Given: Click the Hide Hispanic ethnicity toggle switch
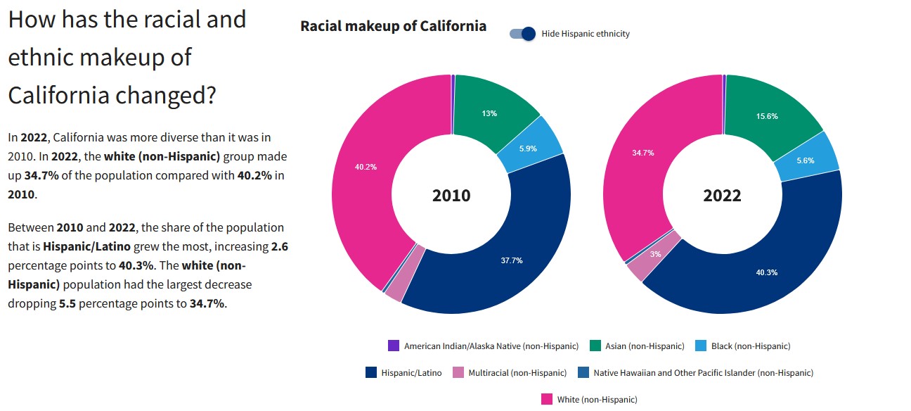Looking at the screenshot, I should tap(523, 33).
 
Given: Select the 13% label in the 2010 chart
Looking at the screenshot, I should tap(489, 113).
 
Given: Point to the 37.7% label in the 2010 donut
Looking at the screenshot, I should tap(511, 260).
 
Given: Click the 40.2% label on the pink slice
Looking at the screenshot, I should tap(366, 167).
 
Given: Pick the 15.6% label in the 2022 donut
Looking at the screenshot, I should tap(767, 116).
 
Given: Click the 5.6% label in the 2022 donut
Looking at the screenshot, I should tap(805, 160).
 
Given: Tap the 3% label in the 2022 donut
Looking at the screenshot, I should tap(655, 254).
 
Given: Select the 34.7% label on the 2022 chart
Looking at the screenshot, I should tap(642, 153).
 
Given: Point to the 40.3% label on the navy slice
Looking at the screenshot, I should tap(766, 272).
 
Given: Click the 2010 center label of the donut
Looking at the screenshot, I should tap(451, 196).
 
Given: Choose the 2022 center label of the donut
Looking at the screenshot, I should tap(722, 196).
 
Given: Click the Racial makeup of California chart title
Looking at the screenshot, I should tap(393, 26).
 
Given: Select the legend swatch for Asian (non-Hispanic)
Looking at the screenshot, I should tap(595, 346).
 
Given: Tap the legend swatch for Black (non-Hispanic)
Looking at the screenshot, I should tap(701, 346).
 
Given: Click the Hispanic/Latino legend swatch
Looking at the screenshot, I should tap(371, 372).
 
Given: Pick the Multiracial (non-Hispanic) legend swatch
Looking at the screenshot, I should tap(458, 372).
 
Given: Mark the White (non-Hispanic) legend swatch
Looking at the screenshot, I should tap(547, 399).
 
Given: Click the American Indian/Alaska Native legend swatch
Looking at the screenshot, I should tap(394, 346).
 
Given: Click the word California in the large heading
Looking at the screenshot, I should tap(60, 94).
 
